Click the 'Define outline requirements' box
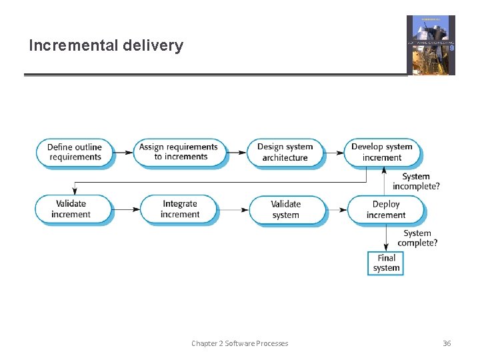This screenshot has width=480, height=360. coord(75,152)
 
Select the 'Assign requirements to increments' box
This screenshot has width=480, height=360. coord(178,152)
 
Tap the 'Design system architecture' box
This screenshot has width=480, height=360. coord(285,152)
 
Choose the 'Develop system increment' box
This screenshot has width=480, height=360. coord(382,152)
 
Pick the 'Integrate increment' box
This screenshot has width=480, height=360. coord(179,209)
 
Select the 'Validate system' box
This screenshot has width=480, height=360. coord(286,209)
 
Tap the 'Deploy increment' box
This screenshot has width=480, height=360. coord(385,209)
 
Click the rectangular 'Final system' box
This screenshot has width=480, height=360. coord(386,263)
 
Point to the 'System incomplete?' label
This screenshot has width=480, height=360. coord(416,181)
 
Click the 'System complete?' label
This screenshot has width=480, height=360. coord(417,238)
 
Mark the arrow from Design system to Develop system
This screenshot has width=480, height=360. coord(333,152)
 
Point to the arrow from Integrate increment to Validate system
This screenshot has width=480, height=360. coord(233,209)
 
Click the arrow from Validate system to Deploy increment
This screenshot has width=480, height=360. coord(337,209)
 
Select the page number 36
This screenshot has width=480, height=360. coord(447,343)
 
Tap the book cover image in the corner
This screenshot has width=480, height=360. coord(431,45)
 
